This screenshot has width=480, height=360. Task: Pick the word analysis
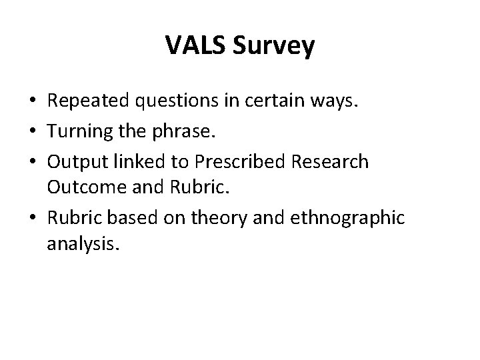click(83, 245)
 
